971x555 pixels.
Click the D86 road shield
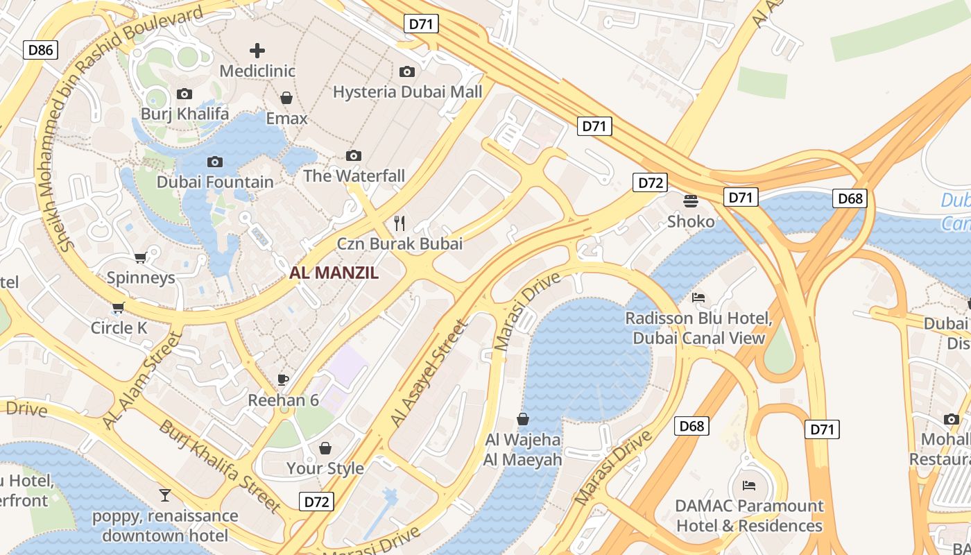coord(41,49)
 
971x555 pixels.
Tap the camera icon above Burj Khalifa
coord(184,94)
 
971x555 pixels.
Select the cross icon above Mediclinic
coord(257,50)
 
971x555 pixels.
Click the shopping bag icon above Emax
coord(286,98)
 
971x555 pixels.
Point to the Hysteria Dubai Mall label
coord(407,92)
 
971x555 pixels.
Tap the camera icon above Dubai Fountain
coord(215,162)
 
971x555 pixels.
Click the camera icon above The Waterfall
coord(354,155)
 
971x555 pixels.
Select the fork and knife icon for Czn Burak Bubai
coord(399,223)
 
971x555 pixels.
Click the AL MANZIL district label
coord(334,273)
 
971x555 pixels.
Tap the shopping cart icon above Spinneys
coord(141,258)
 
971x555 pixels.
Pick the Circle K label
coord(119,327)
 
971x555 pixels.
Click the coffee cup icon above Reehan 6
coord(283,379)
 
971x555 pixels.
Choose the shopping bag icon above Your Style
coord(325,448)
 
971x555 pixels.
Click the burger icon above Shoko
coord(691,201)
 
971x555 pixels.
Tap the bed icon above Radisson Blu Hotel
coord(698,298)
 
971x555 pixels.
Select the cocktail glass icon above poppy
coord(165,495)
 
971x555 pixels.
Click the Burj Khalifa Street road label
coord(219,466)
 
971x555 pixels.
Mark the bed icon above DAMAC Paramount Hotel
coord(749,485)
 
